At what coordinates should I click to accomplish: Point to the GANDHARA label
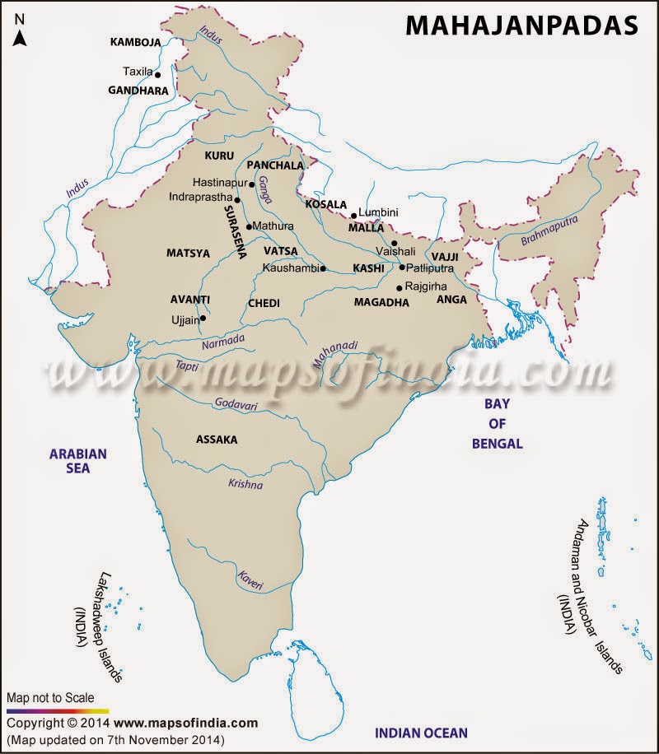click(x=138, y=91)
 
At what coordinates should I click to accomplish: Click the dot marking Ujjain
click(x=203, y=319)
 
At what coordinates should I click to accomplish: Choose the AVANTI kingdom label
click(x=190, y=299)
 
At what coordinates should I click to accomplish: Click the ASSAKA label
click(x=217, y=440)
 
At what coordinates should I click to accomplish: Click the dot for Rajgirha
click(x=400, y=287)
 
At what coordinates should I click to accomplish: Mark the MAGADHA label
click(x=381, y=303)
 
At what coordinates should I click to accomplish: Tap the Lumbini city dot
click(x=353, y=216)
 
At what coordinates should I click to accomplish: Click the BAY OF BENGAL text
click(x=497, y=422)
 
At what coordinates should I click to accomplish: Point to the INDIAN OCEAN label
click(x=421, y=732)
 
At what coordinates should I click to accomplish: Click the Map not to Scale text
click(x=50, y=697)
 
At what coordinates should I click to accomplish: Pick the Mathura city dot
click(x=249, y=226)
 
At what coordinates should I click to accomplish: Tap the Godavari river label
click(x=236, y=403)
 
